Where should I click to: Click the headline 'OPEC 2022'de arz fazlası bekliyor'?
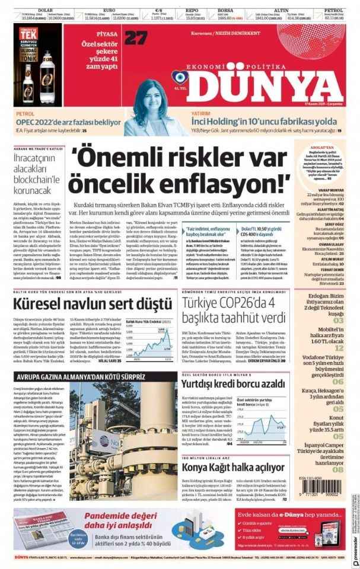click(69, 121)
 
